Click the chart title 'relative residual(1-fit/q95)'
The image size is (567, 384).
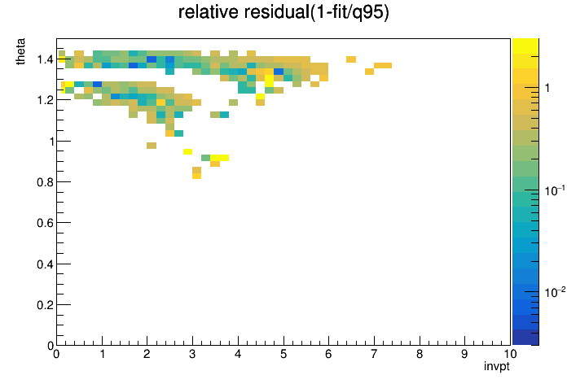(283, 12)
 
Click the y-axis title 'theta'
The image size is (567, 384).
(20, 51)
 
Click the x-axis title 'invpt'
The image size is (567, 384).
(497, 366)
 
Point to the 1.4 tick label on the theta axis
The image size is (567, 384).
(45, 59)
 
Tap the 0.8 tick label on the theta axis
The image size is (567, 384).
(45, 182)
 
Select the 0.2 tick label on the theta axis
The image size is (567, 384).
(45, 305)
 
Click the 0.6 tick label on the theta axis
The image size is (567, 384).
(45, 223)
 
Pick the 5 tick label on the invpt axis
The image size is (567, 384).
(283, 354)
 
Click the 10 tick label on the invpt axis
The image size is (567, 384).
(510, 354)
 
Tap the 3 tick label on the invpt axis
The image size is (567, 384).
(192, 354)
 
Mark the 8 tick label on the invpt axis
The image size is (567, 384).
(420, 354)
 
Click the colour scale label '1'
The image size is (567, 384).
(547, 88)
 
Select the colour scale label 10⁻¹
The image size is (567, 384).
(555, 190)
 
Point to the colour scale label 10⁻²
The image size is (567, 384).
(555, 292)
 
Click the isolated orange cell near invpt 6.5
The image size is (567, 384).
(351, 59)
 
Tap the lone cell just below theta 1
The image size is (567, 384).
(152, 146)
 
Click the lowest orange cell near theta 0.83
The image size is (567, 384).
(196, 176)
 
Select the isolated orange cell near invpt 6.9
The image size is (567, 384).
(369, 72)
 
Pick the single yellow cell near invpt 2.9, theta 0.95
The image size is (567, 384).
(187, 151)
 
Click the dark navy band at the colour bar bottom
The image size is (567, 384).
(525, 338)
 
